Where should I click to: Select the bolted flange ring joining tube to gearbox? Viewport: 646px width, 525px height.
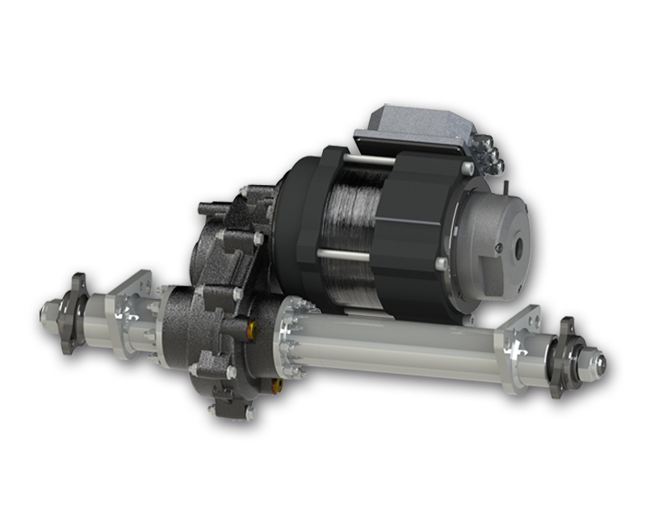click(287, 335)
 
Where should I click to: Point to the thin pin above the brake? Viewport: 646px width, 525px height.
click(505, 185)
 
